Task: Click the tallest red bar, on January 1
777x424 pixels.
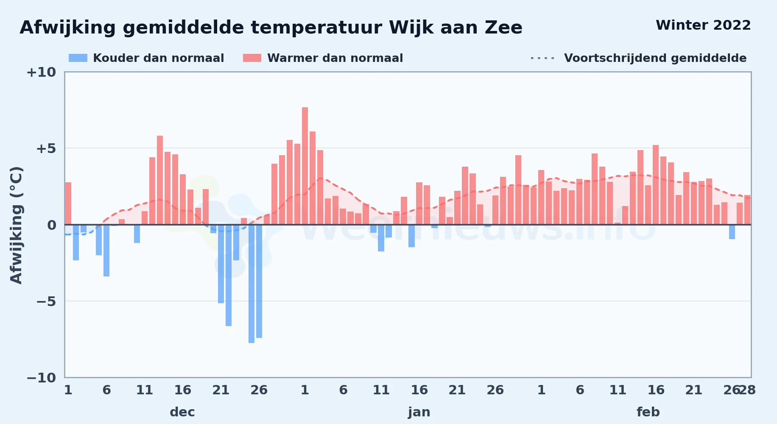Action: (x=305, y=166)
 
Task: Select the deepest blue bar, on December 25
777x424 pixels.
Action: (x=252, y=284)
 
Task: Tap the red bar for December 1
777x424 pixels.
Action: (x=68, y=204)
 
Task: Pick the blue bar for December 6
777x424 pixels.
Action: (x=106, y=251)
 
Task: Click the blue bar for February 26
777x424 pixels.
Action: (x=732, y=232)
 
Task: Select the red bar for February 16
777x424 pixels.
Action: (x=656, y=185)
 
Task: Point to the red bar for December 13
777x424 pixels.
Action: (x=160, y=180)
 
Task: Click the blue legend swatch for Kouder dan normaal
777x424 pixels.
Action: (x=78, y=58)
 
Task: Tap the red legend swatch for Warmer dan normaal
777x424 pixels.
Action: (x=252, y=58)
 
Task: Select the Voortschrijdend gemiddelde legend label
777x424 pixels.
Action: (x=655, y=58)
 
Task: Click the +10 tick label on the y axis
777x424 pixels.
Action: (x=41, y=72)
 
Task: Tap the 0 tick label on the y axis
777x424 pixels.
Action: (x=52, y=225)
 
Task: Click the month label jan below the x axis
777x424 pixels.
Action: (x=419, y=412)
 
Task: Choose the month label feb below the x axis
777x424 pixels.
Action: (x=648, y=412)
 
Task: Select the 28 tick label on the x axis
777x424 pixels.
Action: (x=747, y=390)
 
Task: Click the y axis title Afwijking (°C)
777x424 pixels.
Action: (x=16, y=225)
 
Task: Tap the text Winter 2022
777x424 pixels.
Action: (x=703, y=25)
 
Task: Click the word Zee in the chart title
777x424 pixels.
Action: (x=504, y=28)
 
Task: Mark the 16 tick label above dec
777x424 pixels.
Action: (x=183, y=390)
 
